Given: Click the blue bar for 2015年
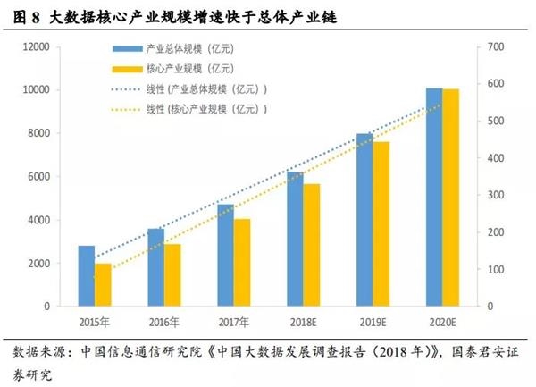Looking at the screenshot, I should [87, 276].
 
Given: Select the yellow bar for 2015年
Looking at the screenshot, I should [104, 285].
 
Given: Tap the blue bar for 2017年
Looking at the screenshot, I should [226, 256].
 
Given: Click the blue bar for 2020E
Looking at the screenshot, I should [434, 198].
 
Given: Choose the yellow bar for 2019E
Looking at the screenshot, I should [381, 224].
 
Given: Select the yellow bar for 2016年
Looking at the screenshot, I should [172, 275].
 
